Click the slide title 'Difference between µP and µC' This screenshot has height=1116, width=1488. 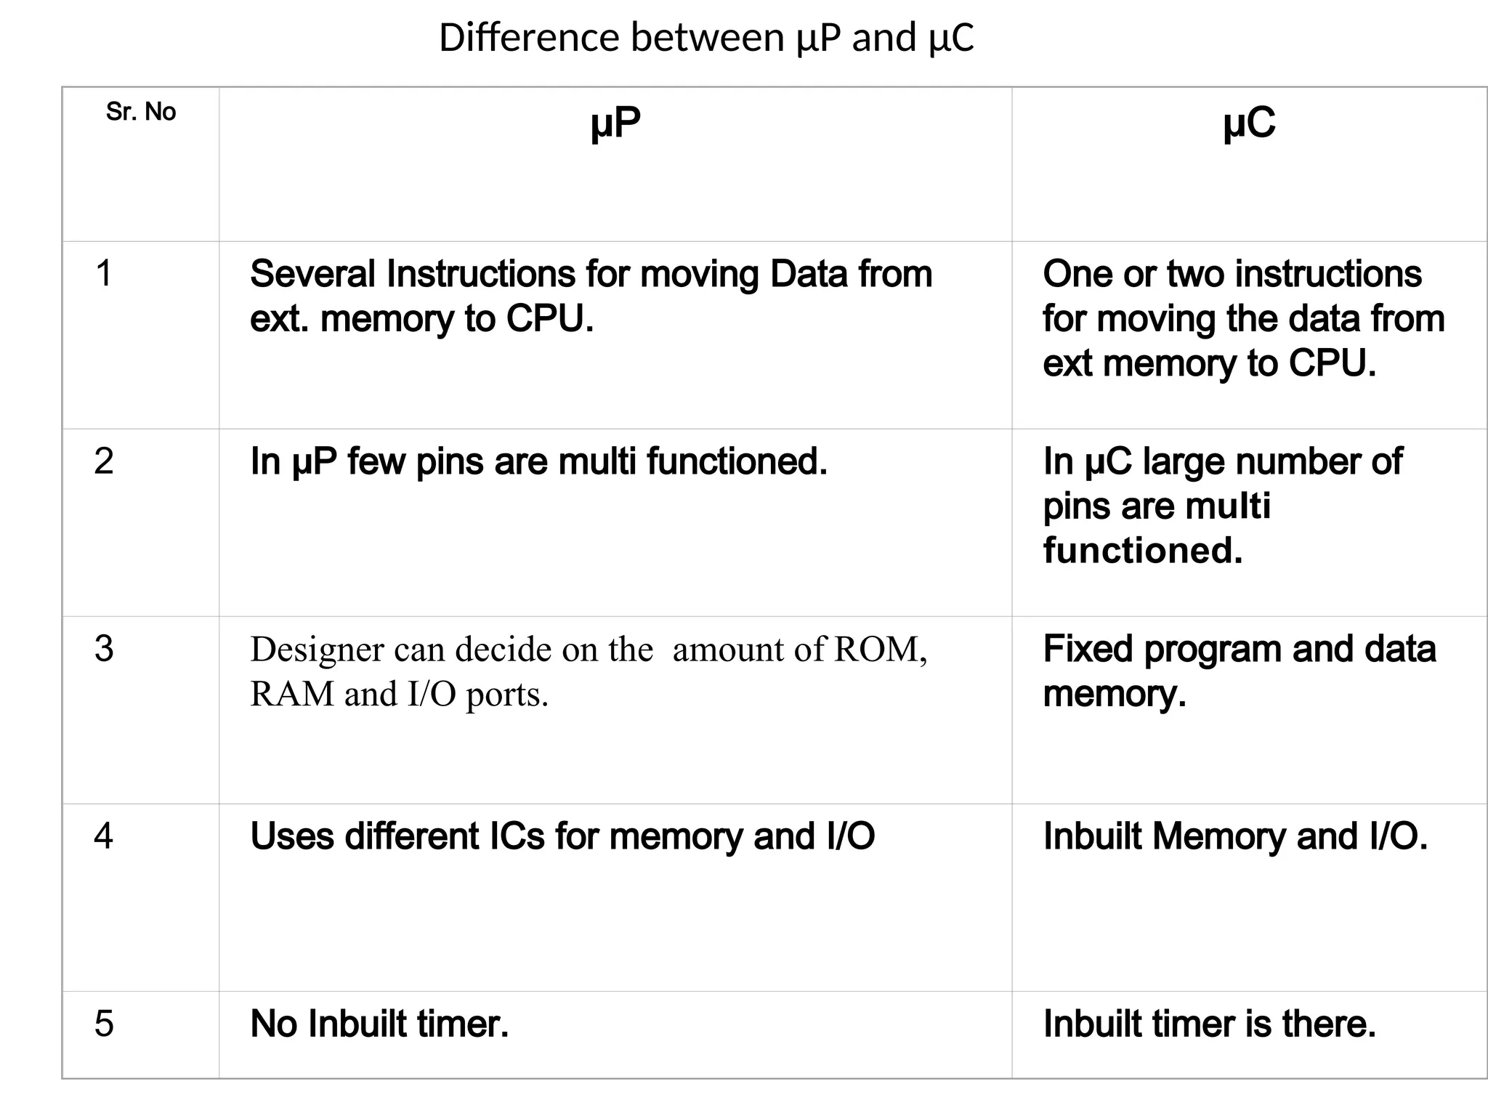[x=706, y=38]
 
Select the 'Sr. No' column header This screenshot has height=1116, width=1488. [x=141, y=112]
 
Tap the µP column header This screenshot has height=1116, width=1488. [x=615, y=123]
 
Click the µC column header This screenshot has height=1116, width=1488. [x=1249, y=123]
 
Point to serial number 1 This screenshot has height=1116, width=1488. [x=104, y=274]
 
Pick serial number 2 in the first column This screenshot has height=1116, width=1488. [x=104, y=461]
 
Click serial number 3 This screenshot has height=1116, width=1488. [x=104, y=649]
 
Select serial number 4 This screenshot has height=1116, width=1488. [x=104, y=836]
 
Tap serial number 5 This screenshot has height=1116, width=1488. [x=104, y=1024]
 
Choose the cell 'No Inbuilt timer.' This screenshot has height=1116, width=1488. [x=379, y=1024]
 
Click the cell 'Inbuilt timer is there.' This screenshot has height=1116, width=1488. [x=1210, y=1024]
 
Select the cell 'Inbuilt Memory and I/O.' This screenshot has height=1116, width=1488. [x=1235, y=837]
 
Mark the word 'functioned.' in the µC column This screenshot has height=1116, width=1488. [x=1143, y=551]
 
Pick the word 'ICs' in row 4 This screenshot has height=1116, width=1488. [x=517, y=837]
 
